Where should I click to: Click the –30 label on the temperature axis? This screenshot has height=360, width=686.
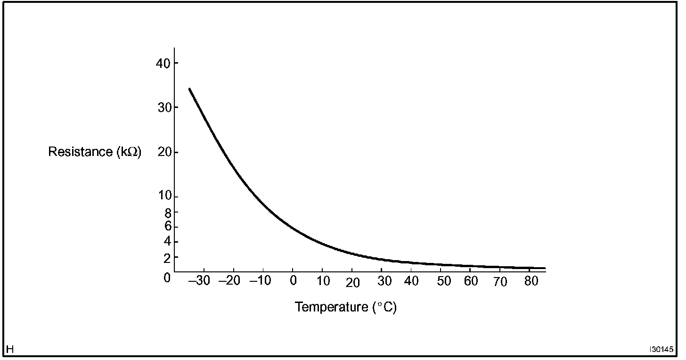200,281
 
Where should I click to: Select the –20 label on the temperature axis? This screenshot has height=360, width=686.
229,281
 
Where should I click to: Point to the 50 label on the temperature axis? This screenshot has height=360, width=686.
444,281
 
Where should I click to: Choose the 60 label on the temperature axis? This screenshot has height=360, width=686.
471,281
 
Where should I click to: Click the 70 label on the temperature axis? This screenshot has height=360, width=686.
500,282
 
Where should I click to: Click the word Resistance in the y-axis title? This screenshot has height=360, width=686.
79,152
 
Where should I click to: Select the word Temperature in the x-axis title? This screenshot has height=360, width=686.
331,307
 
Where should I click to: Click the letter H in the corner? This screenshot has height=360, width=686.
10,349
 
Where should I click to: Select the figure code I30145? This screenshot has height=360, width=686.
661,350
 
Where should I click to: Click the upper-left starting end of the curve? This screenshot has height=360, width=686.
189,89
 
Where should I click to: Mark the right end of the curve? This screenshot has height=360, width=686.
544,268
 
